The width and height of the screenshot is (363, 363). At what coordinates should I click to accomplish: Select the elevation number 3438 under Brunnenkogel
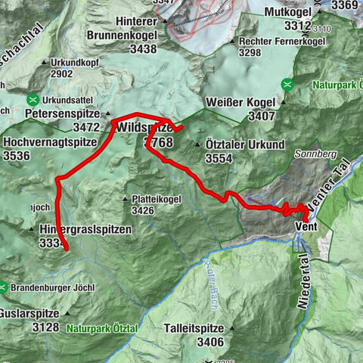coord(132,49)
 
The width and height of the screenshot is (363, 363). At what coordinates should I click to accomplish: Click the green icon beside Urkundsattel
coord(32,100)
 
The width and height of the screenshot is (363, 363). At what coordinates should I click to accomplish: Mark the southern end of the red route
coord(66,248)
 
